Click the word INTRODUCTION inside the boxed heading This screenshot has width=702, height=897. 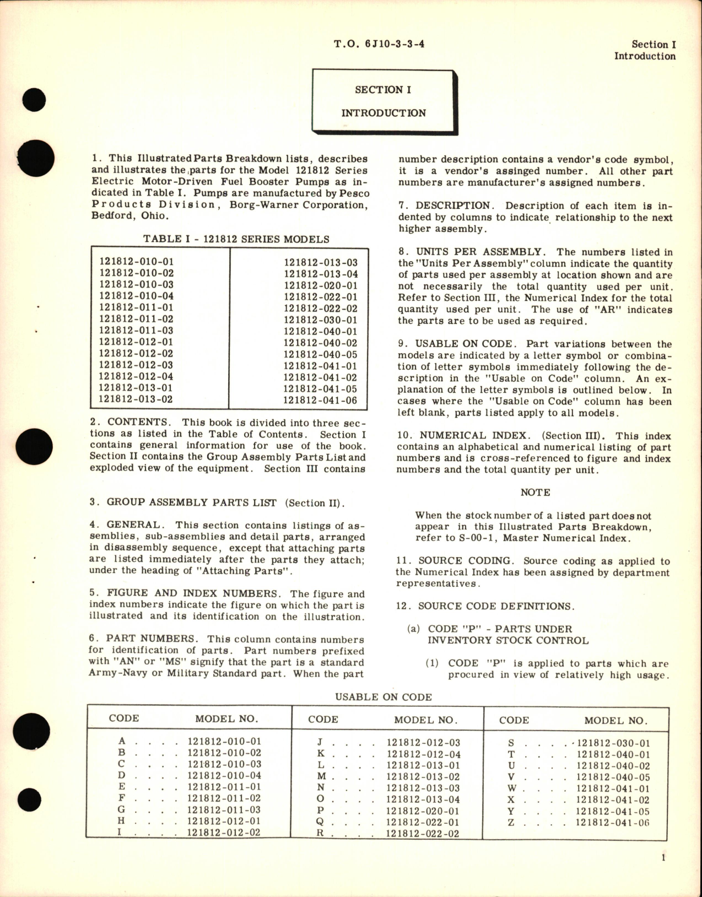384,113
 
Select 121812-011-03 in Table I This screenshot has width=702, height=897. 136,331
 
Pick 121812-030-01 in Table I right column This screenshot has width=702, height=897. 320,320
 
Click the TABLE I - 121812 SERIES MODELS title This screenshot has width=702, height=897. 236,239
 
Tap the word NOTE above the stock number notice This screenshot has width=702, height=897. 535,493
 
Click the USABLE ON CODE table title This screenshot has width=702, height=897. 384,697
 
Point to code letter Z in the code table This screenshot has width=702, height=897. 511,822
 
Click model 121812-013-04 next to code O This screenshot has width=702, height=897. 423,799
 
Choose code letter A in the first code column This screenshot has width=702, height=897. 122,742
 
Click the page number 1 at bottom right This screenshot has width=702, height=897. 663,857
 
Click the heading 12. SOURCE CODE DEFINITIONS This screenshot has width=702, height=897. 485,606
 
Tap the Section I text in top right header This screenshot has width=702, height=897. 654,45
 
